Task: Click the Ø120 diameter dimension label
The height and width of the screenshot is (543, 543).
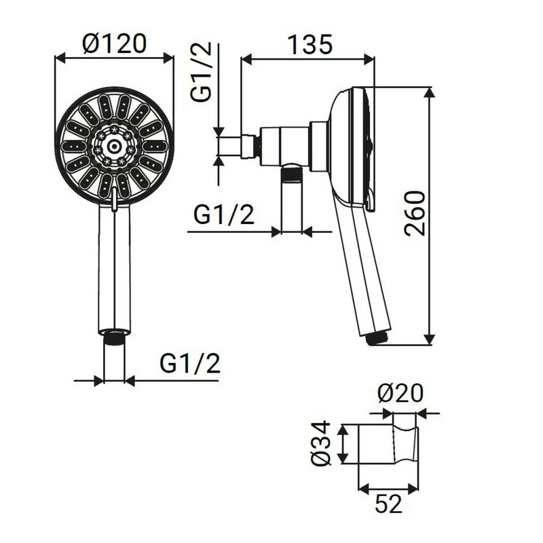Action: (114, 43)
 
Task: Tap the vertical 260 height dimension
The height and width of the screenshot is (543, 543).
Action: (415, 212)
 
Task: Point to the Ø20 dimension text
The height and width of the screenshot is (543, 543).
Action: (400, 393)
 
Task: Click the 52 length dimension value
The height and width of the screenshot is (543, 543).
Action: (388, 503)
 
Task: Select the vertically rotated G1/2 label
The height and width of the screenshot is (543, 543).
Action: (202, 72)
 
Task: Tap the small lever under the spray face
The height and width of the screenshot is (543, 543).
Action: (114, 202)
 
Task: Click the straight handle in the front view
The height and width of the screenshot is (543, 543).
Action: (114, 271)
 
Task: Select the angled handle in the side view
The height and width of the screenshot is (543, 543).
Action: (360, 271)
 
